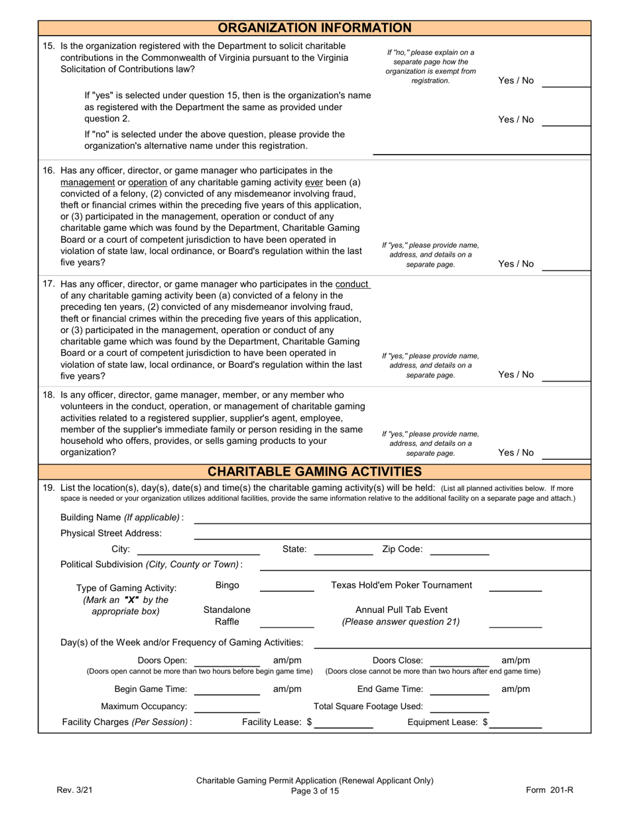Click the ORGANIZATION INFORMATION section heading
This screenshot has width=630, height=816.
(314, 28)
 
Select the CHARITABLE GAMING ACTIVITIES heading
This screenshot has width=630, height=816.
(314, 472)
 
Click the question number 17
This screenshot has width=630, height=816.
(49, 284)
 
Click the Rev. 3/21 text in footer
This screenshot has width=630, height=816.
(72, 789)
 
